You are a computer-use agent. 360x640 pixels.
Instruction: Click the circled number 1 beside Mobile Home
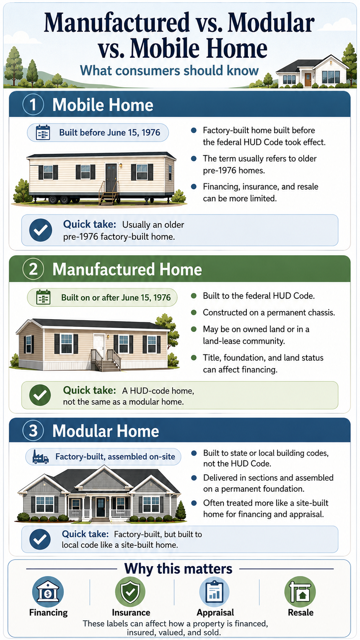pyautogui.click(x=33, y=104)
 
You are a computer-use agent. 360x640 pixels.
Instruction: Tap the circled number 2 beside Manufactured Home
pyautogui.click(x=33, y=269)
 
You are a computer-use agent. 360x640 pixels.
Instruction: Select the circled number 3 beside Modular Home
pyautogui.click(x=33, y=431)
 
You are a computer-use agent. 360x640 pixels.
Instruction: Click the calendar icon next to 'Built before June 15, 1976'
pyautogui.click(x=43, y=132)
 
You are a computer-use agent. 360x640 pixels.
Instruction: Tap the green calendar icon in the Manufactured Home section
pyautogui.click(x=43, y=297)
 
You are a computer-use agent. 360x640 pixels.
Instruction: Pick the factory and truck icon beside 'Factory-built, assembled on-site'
pyautogui.click(x=40, y=457)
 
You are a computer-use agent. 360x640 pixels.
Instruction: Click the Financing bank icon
pyautogui.click(x=48, y=591)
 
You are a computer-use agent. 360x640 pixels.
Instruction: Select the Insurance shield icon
pyautogui.click(x=130, y=591)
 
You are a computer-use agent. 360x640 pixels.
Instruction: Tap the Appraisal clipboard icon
pyautogui.click(x=214, y=591)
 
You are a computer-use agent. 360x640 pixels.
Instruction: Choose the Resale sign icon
pyautogui.click(x=300, y=591)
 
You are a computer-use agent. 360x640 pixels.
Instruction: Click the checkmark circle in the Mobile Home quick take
pyautogui.click(x=41, y=230)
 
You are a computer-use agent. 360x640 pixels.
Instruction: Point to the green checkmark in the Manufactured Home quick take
pyautogui.click(x=40, y=395)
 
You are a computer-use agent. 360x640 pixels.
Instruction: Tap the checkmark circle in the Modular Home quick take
pyautogui.click(x=40, y=539)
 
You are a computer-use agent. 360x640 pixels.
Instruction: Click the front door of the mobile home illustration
pyautogui.click(x=111, y=178)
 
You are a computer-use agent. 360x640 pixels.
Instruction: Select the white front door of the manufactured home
pyautogui.click(x=99, y=346)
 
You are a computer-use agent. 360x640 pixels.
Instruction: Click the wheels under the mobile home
pyautogui.click(x=59, y=199)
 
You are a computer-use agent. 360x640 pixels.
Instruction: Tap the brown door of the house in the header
pyautogui.click(x=308, y=80)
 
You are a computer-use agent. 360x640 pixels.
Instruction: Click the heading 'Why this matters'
pyautogui.click(x=178, y=568)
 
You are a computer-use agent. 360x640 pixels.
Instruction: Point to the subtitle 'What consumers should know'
pyautogui.click(x=169, y=70)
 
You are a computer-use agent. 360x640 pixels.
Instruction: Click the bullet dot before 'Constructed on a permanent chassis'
pyautogui.click(x=194, y=312)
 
